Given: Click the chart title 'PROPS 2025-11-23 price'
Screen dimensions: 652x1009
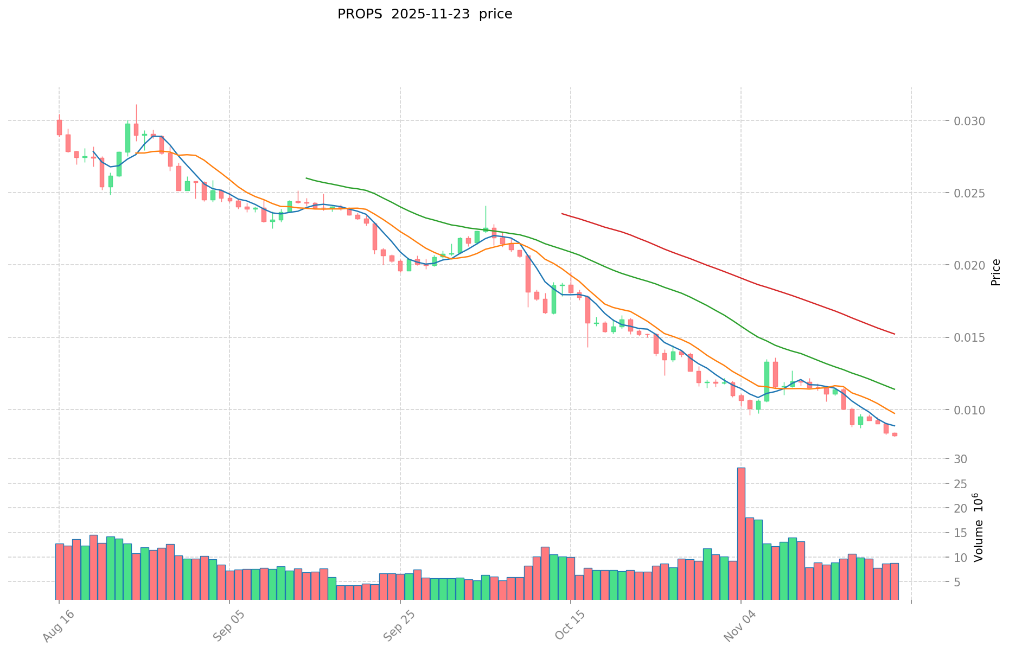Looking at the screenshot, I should tap(424, 14).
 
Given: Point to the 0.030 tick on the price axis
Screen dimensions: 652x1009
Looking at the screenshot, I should tap(969, 121).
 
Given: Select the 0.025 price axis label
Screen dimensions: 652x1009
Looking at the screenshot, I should tap(969, 193).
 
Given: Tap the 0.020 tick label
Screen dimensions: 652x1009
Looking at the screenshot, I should tap(969, 265).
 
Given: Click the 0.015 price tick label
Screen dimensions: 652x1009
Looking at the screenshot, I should tap(969, 337).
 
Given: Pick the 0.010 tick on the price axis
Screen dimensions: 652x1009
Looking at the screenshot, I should tap(969, 410).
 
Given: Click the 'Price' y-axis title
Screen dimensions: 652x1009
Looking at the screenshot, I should tap(995, 272).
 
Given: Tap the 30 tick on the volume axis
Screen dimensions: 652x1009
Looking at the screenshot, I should tap(961, 459).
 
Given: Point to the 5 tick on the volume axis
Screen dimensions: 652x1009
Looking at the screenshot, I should tap(957, 582).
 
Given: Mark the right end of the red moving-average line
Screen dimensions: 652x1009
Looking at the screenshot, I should tap(894, 334).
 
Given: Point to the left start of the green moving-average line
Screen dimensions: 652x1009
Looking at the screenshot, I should tap(306, 178).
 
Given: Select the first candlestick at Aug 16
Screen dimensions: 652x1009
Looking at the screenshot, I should tap(59, 127).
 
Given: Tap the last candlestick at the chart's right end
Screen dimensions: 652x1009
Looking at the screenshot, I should tap(895, 434).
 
